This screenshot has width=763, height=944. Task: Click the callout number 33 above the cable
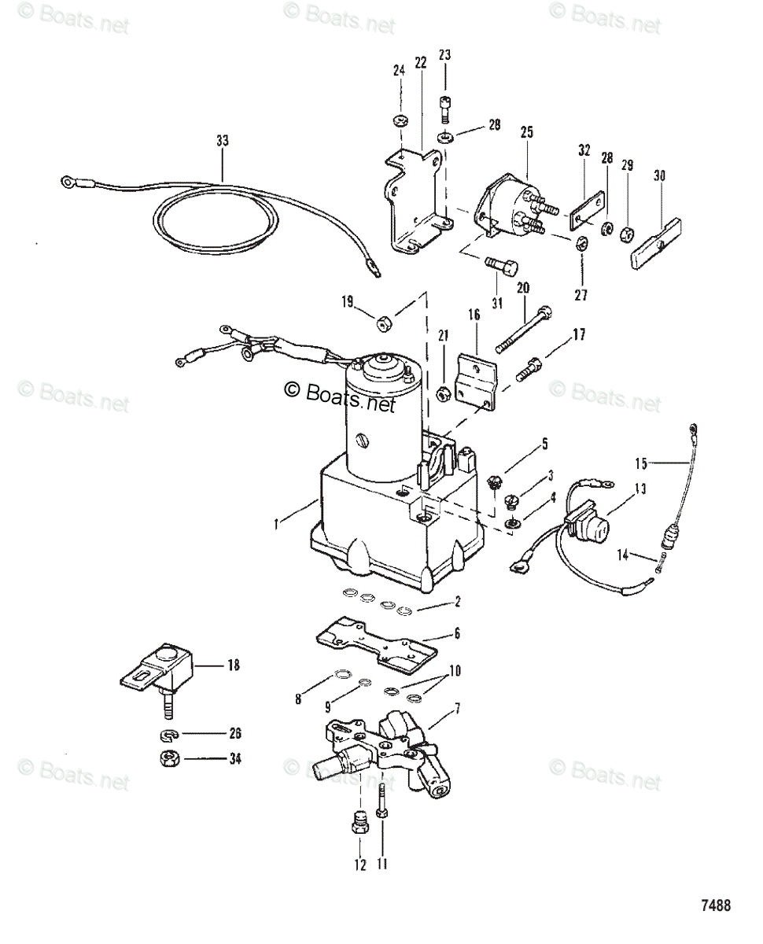click(x=223, y=141)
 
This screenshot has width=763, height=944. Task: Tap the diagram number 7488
click(x=716, y=905)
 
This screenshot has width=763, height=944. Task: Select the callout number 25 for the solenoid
click(x=526, y=132)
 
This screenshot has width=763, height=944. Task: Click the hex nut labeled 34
click(x=167, y=761)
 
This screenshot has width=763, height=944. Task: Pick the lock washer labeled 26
click(x=167, y=736)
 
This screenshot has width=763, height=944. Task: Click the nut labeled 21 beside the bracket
click(x=444, y=389)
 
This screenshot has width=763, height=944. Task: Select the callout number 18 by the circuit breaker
click(x=234, y=666)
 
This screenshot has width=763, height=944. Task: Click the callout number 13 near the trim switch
click(x=640, y=489)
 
